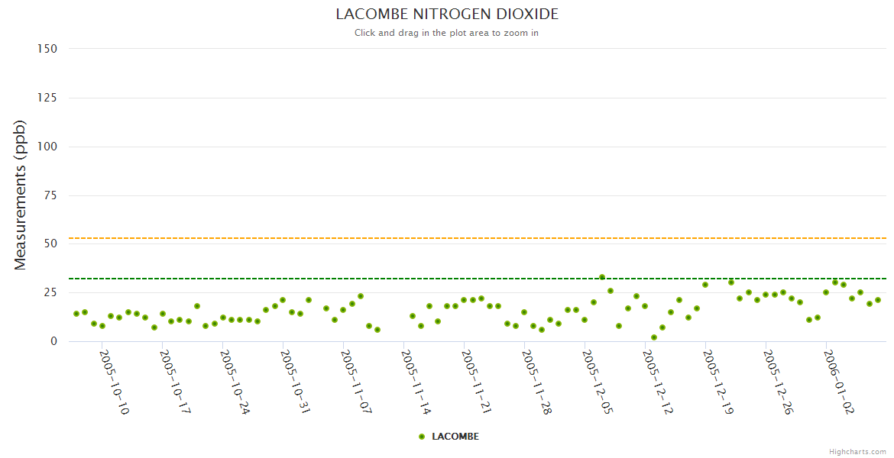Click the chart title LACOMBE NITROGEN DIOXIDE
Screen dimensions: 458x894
[x=447, y=15]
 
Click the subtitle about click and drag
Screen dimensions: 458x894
[x=446, y=33]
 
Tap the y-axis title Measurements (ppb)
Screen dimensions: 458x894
[x=21, y=195]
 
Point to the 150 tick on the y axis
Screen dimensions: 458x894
[x=47, y=49]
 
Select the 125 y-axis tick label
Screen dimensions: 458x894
[x=47, y=98]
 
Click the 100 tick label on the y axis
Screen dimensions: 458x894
[x=47, y=147]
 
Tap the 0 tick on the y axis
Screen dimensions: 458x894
[x=53, y=341]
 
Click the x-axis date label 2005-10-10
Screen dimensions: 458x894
[x=115, y=382]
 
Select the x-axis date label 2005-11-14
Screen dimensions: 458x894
[x=416, y=382]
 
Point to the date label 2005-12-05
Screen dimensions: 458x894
[x=597, y=382]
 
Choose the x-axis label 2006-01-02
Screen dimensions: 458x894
[x=838, y=382]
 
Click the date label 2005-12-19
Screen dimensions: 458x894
[x=717, y=382]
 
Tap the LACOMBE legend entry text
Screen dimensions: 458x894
[x=455, y=437]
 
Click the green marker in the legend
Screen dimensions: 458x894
[x=422, y=437]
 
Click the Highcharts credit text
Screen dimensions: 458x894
[x=857, y=451]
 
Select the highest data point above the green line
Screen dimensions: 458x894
[x=602, y=277]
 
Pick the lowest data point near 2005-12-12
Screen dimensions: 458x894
[x=654, y=337]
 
